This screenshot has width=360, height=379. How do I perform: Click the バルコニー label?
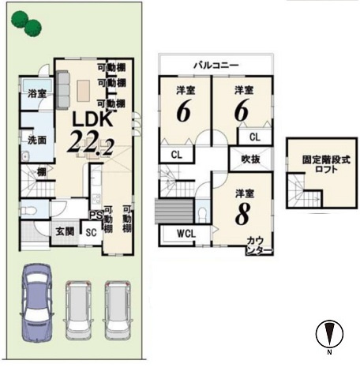pyautogui.click(x=216, y=65)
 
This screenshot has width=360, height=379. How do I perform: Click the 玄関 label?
pyautogui.click(x=65, y=231)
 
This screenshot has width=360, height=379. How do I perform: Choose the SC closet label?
pyautogui.click(x=90, y=232)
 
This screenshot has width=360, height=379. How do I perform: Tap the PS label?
pyautogui.click(x=95, y=214)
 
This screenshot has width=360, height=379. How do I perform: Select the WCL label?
pyautogui.click(x=186, y=234)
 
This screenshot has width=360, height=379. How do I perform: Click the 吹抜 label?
pyautogui.click(x=241, y=160)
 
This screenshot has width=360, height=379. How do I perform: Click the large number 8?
pyautogui.click(x=242, y=212)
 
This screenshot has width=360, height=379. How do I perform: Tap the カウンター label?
pyautogui.click(x=260, y=244)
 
